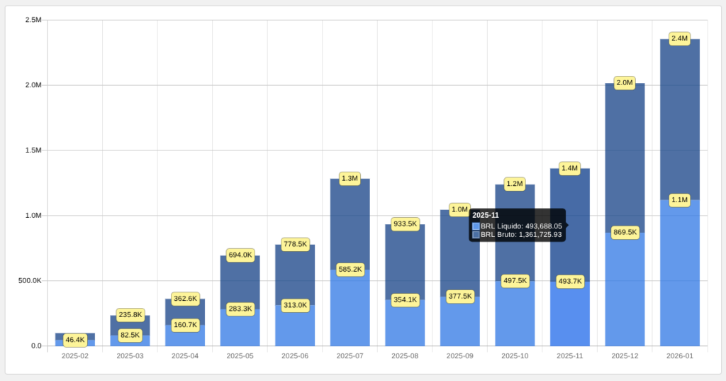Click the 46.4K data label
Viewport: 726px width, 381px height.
(75, 341)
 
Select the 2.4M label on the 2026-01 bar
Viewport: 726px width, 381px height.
(679, 38)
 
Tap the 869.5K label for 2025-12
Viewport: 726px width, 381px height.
(625, 232)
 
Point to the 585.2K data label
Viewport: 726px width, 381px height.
(350, 270)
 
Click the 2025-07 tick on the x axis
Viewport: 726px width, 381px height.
(350, 356)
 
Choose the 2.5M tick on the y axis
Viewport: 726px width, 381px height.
(33, 20)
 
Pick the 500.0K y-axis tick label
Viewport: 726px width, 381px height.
(30, 281)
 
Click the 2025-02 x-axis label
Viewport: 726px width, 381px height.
(75, 356)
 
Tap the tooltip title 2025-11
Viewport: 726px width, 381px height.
(485, 216)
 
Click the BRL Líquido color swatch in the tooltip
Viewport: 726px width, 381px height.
(476, 226)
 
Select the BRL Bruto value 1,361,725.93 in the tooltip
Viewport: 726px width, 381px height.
(540, 235)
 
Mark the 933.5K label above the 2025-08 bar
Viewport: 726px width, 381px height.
(405, 224)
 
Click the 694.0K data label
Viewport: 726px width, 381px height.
(240, 255)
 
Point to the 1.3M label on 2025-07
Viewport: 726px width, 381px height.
(350, 179)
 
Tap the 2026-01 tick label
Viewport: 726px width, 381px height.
(680, 356)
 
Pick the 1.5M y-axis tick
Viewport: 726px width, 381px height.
(33, 150)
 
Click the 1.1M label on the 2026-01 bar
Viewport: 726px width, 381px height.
(679, 200)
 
